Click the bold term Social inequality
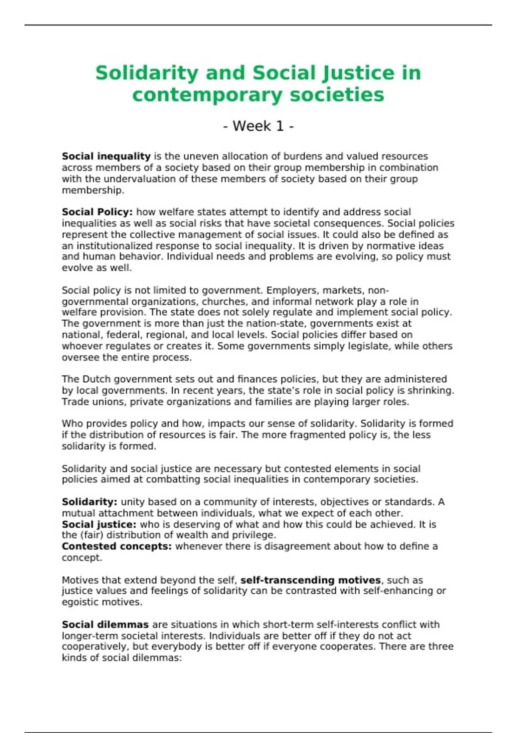click(106, 156)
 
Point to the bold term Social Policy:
click(97, 212)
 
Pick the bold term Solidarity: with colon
click(90, 502)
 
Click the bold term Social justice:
click(99, 524)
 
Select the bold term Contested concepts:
click(117, 546)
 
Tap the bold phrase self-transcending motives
click(310, 580)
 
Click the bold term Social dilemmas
click(105, 624)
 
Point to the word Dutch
click(95, 379)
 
